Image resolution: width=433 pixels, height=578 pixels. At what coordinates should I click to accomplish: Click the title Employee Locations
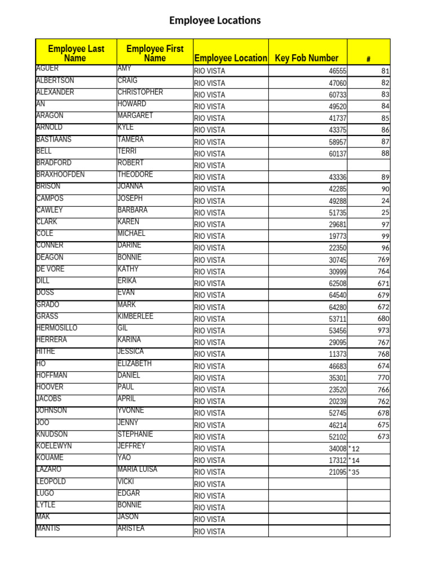pos(215,21)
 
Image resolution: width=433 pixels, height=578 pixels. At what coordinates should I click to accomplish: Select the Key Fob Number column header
pos(307,58)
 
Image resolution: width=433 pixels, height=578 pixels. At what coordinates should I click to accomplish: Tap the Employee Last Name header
pos(76,54)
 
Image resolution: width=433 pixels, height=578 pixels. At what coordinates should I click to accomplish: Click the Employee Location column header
pos(231,58)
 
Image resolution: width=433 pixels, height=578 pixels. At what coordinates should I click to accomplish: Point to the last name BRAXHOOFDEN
pos(60,174)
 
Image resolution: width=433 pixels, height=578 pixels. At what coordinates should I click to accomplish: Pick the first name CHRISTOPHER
pos(140,92)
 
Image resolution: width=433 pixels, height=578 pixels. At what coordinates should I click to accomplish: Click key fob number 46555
pos(338,71)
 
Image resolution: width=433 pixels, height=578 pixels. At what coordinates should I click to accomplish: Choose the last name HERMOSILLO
pos(57,328)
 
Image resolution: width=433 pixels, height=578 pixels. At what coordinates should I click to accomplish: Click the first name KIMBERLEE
pos(135,316)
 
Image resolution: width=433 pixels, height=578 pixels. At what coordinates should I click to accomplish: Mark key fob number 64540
pos(338,295)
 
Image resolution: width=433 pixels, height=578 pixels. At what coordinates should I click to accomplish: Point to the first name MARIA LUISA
pos(138,470)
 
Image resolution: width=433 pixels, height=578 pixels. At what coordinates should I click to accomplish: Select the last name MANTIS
pos(48,528)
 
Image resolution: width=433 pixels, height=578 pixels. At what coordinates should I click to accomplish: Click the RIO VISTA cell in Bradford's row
pos(209,165)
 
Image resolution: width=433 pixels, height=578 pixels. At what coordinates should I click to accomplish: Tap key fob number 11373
pos(338,354)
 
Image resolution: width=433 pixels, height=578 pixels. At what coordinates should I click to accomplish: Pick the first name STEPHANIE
pos(135,434)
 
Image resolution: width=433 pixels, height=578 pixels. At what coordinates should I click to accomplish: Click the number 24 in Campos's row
pos(385,201)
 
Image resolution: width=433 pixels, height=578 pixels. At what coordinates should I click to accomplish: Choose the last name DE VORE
pos(50,269)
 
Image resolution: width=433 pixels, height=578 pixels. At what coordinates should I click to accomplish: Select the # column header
pos(368,59)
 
